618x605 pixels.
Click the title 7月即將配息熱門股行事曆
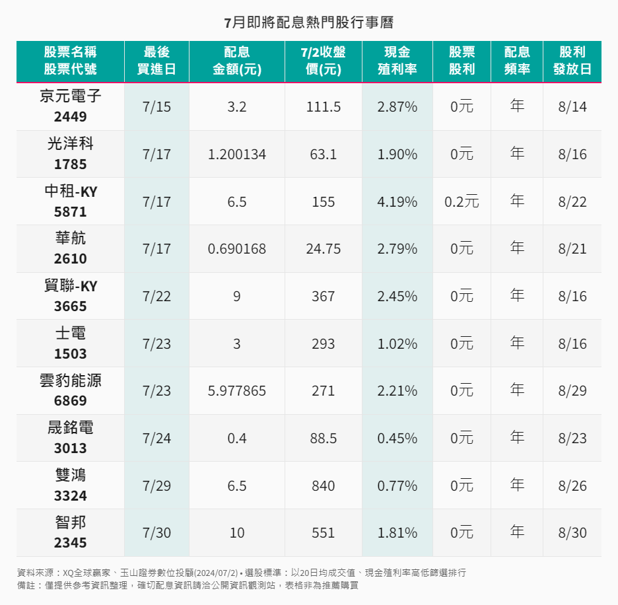coord(308,22)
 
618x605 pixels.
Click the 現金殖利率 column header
coord(397,61)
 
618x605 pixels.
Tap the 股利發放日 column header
coord(572,61)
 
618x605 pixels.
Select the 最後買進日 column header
coord(156,61)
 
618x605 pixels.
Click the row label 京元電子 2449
coord(70,106)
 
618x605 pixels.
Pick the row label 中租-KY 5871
coord(70,201)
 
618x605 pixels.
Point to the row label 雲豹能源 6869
coord(70,390)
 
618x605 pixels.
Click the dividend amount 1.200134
coord(236,155)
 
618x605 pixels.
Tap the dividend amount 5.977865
coord(236,391)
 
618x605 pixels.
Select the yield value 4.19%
coord(397,202)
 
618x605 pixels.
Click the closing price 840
coord(323,486)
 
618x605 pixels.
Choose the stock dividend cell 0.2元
coord(462,202)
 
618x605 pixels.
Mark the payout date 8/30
coord(572,533)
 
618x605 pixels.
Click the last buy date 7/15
coord(156,107)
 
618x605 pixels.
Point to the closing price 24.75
coord(323,249)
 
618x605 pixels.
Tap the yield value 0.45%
coord(397,439)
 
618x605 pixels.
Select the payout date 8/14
coord(572,107)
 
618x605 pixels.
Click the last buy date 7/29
coord(156,486)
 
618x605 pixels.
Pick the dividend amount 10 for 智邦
coord(236,533)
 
